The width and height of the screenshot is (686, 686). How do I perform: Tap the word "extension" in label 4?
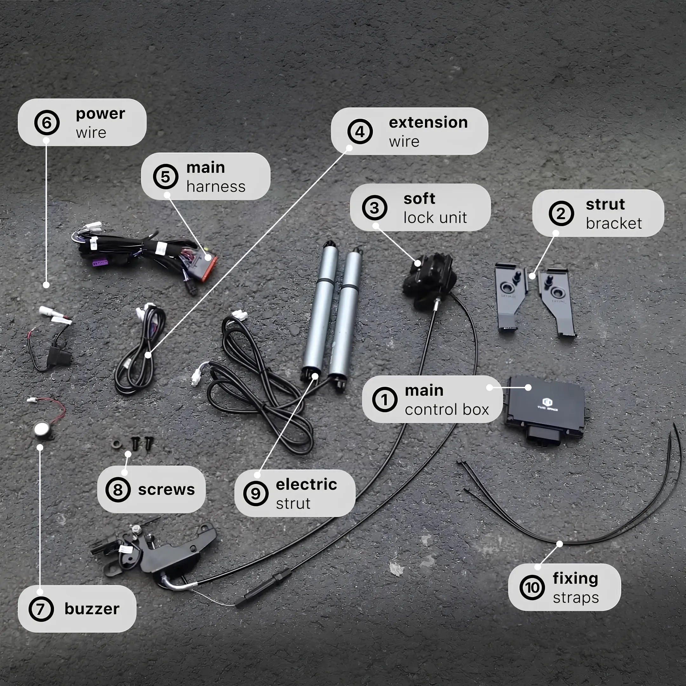click(x=428, y=123)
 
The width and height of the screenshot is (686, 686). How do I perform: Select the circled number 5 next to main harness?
click(x=165, y=177)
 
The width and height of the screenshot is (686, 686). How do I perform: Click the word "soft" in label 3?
click(x=419, y=198)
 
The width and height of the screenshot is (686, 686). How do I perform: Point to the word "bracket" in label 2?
click(x=614, y=223)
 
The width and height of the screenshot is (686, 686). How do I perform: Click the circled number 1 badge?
click(x=385, y=400)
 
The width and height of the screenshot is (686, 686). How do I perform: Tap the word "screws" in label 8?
click(x=166, y=490)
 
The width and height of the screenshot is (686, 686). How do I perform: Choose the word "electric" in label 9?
click(x=306, y=484)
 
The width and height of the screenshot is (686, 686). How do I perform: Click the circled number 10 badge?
click(x=532, y=588)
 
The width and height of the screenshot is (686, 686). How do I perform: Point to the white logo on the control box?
click(x=548, y=404)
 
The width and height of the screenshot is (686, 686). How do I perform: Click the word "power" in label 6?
click(x=100, y=114)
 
